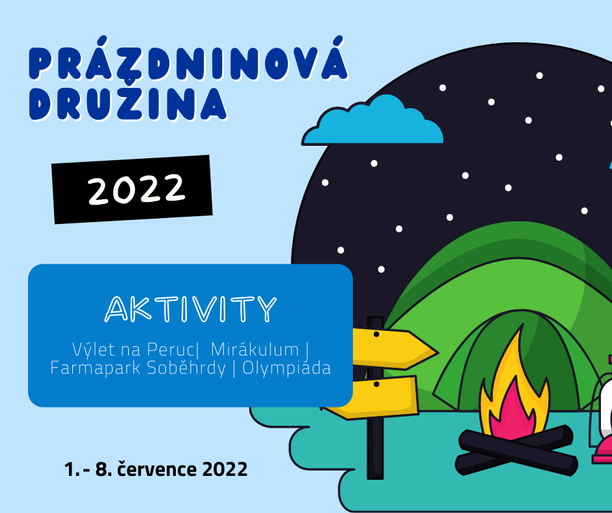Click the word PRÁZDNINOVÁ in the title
189,59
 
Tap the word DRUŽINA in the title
128,103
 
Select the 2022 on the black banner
136,189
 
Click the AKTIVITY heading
191,309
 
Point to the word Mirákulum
255,350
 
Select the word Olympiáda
287,368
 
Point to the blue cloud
373,121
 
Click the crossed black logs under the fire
516,450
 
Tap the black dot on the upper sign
376,335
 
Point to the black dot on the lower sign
376,385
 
